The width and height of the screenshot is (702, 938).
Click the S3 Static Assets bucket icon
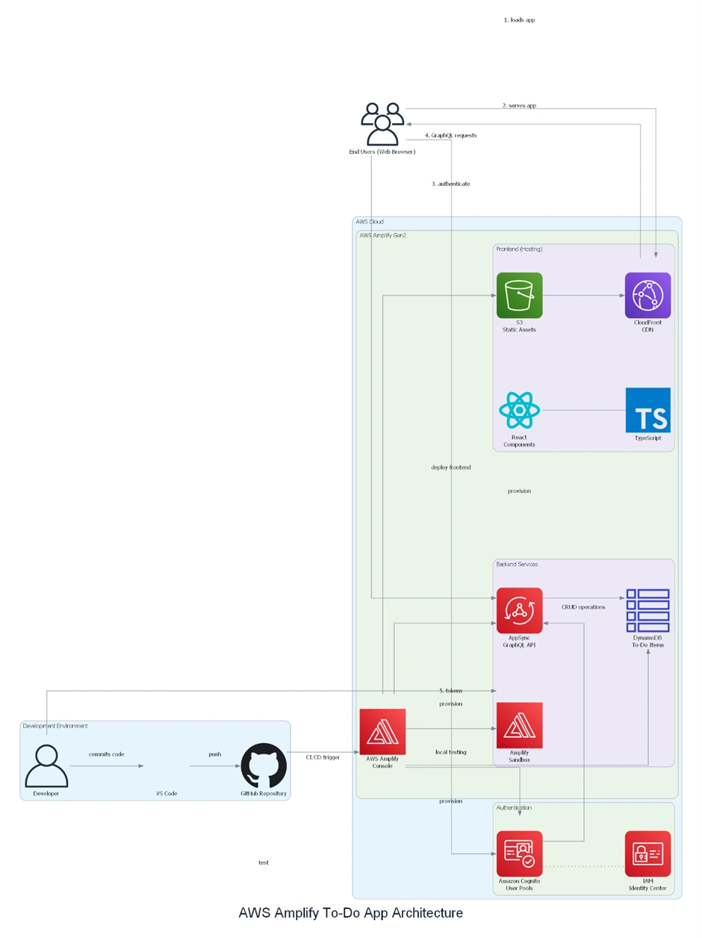519,295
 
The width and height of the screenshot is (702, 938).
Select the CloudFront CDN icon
647,295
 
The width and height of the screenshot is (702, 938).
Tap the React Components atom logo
519,410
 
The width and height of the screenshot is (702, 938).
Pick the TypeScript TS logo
647,410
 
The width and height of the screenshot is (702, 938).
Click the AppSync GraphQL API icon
519,610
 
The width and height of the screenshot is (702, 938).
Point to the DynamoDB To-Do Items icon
647,610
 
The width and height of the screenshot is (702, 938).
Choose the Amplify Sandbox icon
519,724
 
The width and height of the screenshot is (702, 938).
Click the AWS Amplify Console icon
382,731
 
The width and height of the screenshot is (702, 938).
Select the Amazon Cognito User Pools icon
519,853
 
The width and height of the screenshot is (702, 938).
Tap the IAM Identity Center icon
647,853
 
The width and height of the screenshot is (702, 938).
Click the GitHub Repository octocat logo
264,765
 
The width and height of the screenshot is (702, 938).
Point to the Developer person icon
46,765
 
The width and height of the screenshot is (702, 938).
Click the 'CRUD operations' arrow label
583,607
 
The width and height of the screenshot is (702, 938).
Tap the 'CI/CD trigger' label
323,757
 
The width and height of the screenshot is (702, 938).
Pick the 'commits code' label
106,754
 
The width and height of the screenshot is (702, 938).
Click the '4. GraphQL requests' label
450,135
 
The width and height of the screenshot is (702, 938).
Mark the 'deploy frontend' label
451,468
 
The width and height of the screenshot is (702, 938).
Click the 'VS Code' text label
167,793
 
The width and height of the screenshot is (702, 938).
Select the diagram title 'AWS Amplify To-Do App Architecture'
350,913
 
